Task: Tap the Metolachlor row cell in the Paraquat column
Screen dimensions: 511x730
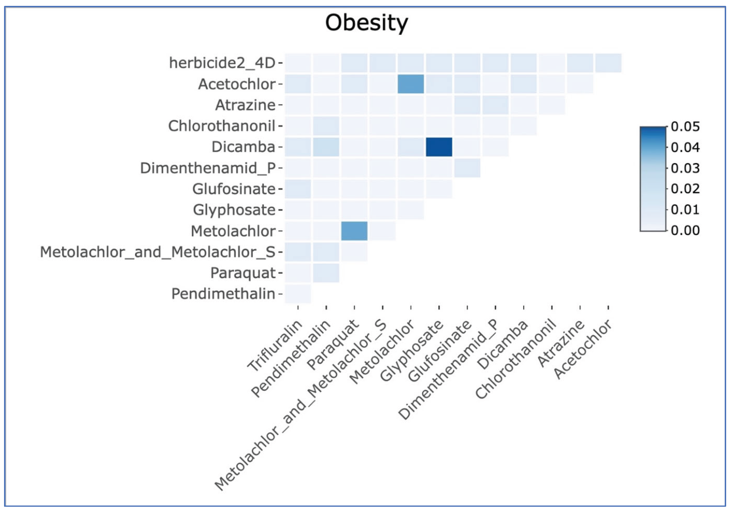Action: coord(354,231)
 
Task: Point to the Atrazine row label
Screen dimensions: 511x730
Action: coord(245,105)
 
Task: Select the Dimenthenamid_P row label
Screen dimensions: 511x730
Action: coord(208,168)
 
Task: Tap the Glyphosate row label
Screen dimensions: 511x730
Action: coord(234,210)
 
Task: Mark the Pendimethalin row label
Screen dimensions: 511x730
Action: coord(223,294)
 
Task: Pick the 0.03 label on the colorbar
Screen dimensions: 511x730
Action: coord(685,168)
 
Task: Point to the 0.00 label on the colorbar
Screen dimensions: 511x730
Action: coord(685,230)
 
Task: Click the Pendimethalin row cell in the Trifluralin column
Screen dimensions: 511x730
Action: coord(298,294)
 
